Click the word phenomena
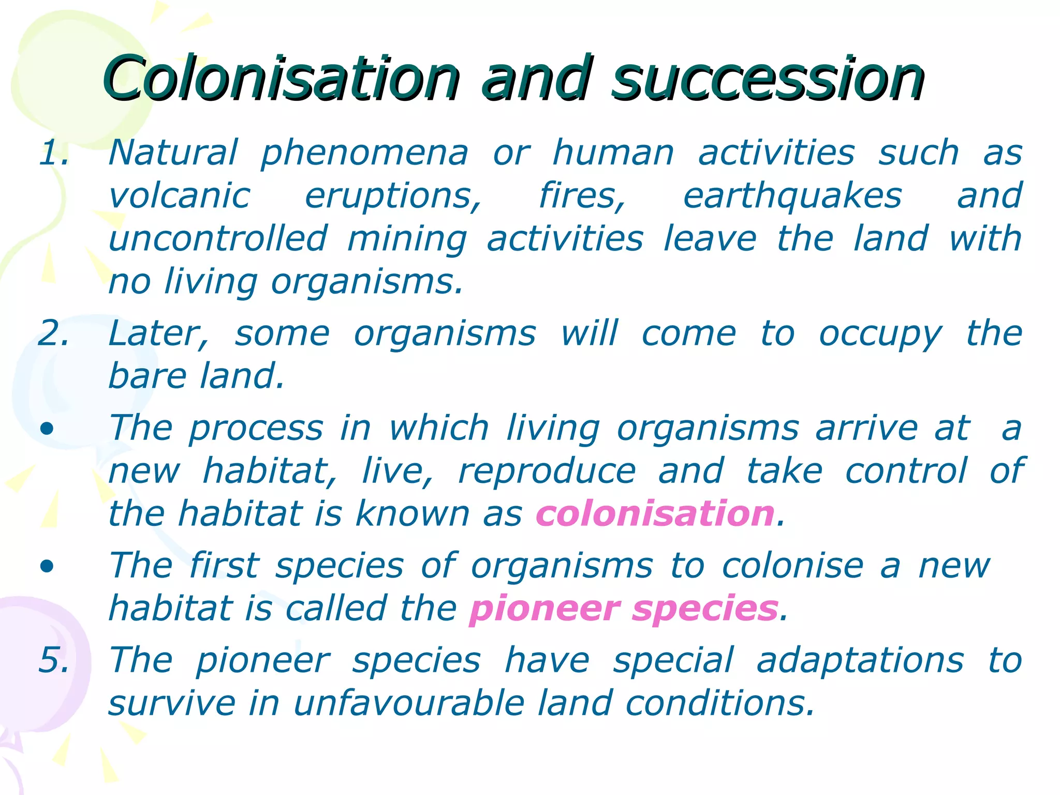(x=364, y=154)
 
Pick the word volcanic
(x=180, y=197)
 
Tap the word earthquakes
(x=792, y=197)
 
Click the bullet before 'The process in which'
(x=47, y=429)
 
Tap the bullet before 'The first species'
(x=47, y=566)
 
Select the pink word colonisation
(x=655, y=514)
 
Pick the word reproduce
(x=547, y=472)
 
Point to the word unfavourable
(x=409, y=703)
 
